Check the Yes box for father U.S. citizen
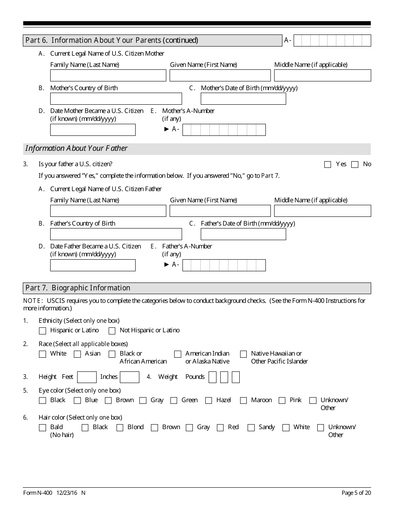coord(328,165)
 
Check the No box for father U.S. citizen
coord(355,165)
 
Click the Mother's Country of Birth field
coord(116,99)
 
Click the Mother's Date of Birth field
coord(243,99)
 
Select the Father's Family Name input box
coord(108,211)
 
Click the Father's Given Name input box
coord(220,211)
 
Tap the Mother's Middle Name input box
coord(322,76)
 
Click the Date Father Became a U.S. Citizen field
coord(92,265)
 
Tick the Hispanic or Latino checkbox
coord(42,331)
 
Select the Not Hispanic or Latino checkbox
coord(112,331)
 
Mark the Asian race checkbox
coord(77,354)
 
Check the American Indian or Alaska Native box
coord(178,354)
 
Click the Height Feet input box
coord(87,377)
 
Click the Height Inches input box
coord(129,377)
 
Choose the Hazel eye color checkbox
coord(209,401)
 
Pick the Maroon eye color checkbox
coord(243,401)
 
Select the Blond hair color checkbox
coord(120,428)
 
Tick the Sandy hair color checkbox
coord(251,428)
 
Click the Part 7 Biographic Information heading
coord(78,288)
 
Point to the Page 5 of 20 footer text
coord(356,493)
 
